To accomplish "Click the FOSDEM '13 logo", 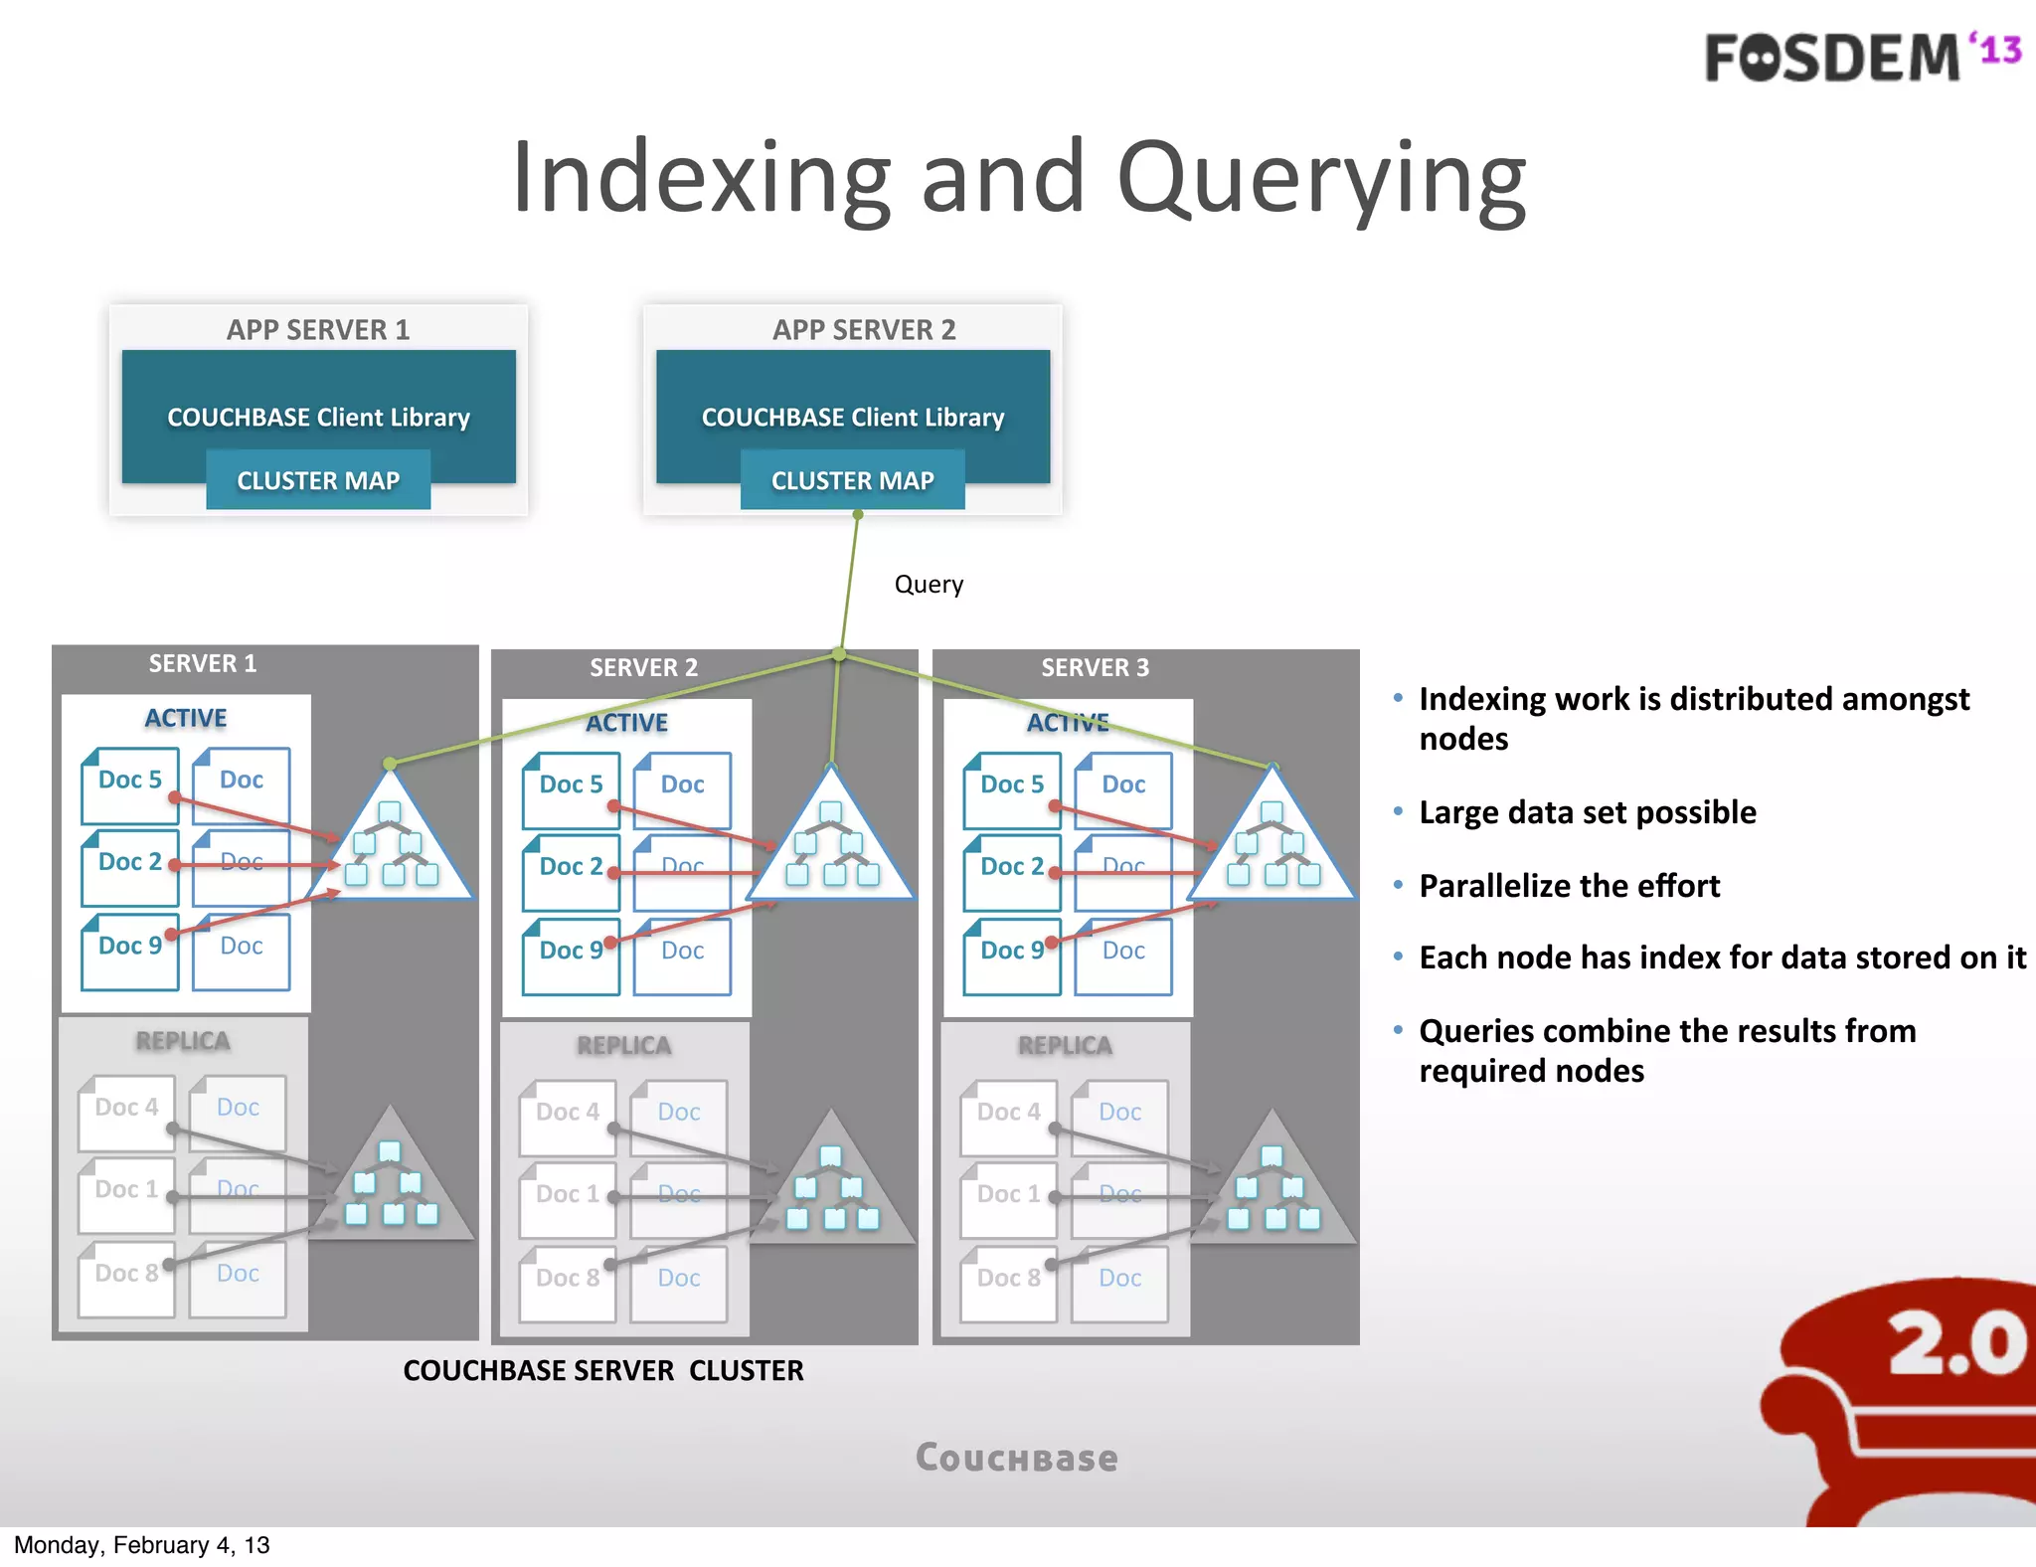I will click(1861, 57).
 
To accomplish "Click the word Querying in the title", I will click(1321, 180).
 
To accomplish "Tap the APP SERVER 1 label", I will click(318, 330).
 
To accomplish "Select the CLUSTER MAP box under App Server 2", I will click(852, 480).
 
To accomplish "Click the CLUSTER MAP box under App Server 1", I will click(318, 480).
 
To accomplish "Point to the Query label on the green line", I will click(929, 585).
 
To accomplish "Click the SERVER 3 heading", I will click(1095, 667).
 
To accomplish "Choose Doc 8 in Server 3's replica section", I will click(1008, 1280).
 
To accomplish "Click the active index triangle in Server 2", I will click(831, 846).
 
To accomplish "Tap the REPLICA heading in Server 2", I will click(623, 1046).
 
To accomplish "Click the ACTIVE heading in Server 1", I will click(186, 718).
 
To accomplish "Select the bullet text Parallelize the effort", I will click(1569, 886).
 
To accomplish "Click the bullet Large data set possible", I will click(1587, 812).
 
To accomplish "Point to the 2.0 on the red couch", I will click(1954, 1343).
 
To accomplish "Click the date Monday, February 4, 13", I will click(142, 1545).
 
